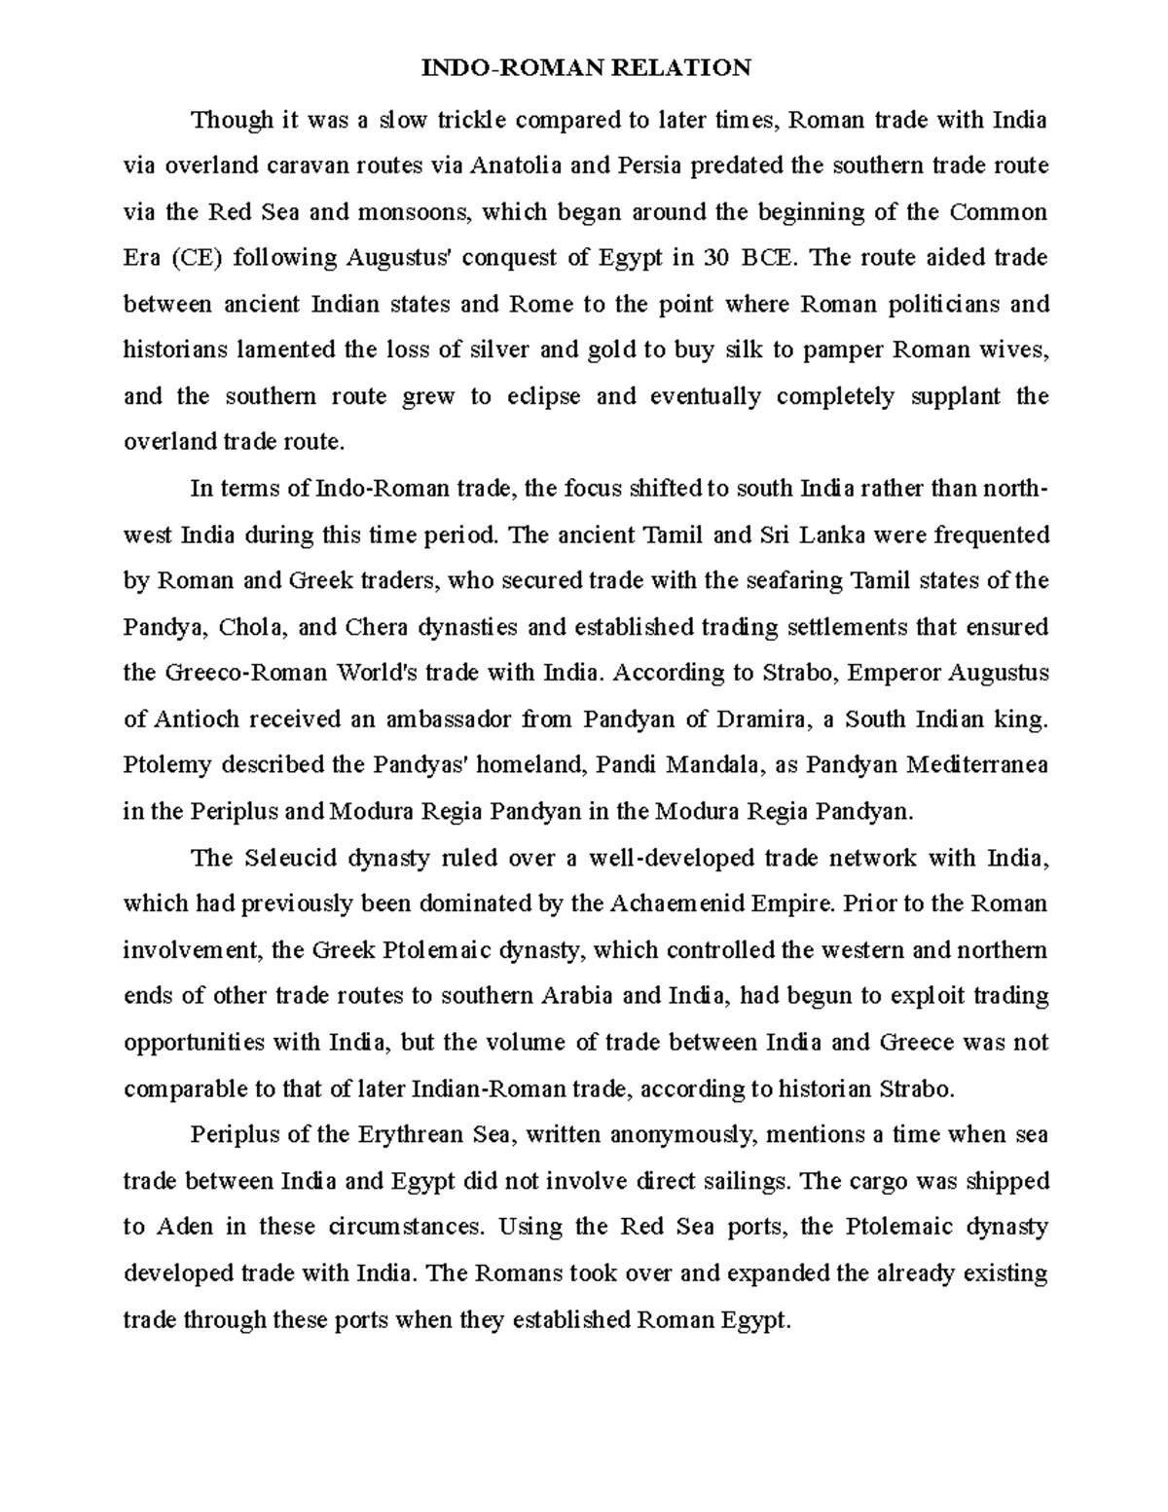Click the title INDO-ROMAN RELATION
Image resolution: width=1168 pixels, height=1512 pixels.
click(585, 67)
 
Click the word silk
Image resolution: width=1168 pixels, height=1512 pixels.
click(745, 350)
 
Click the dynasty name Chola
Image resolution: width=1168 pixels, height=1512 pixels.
click(252, 627)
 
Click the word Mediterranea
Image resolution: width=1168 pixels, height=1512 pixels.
click(977, 765)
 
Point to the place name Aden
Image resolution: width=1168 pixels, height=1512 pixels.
click(183, 1227)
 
